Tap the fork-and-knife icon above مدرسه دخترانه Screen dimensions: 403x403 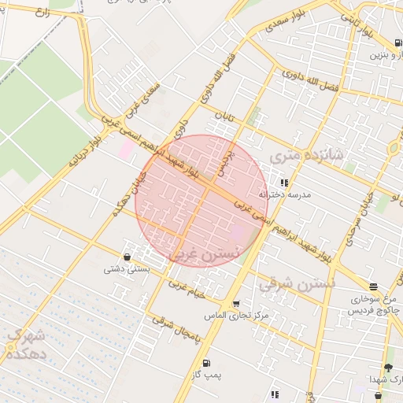(x=283, y=182)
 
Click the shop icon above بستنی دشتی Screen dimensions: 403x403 (x=128, y=257)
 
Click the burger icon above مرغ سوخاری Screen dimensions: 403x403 (x=373, y=287)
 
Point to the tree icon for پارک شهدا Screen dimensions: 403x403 (x=387, y=368)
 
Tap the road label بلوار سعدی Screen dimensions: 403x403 (x=279, y=23)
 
